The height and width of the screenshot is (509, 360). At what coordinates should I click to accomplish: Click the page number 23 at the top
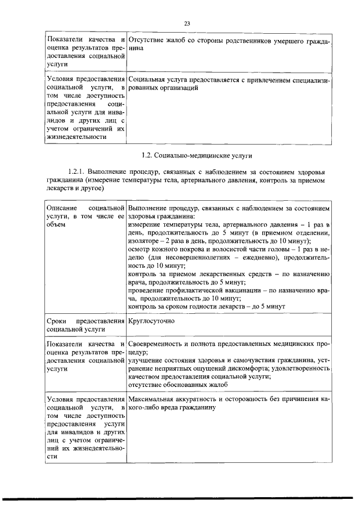coord(187,23)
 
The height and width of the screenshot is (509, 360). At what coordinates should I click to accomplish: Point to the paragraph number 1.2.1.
coord(76,171)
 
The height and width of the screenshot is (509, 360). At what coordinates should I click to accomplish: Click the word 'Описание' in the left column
coord(61,209)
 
